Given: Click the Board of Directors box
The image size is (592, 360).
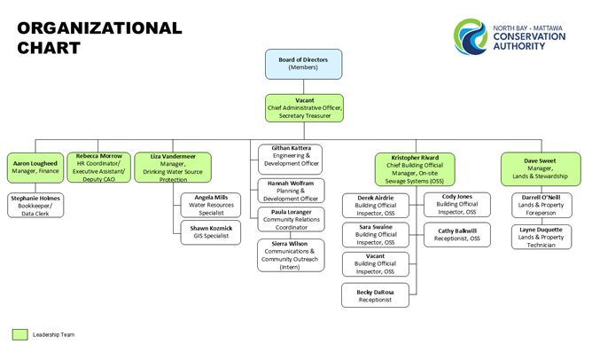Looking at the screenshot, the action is point(304,64).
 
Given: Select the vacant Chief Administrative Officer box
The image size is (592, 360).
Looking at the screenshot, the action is point(304,108).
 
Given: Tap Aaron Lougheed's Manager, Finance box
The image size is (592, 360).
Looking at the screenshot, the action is point(35,168).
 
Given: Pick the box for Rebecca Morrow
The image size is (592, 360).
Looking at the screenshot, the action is point(99,168).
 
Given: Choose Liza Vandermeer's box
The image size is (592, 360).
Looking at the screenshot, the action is point(173,168).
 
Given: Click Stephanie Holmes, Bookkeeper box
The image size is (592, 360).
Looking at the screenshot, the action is point(35,205).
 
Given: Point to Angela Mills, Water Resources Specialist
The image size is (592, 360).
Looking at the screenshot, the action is point(211,205).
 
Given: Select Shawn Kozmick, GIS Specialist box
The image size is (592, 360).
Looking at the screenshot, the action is point(211,232).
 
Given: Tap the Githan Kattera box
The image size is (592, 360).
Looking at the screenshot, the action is point(291,159).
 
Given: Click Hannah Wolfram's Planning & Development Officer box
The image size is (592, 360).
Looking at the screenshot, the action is point(291,191).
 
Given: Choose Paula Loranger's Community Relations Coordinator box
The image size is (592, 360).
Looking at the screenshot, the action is point(291,219).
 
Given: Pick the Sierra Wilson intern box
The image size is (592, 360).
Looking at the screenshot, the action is point(291,255).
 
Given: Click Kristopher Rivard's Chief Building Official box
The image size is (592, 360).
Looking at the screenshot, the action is point(415,169).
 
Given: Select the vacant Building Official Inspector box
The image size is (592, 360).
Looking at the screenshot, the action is point(376,264).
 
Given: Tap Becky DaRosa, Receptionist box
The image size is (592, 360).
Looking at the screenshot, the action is point(375,295).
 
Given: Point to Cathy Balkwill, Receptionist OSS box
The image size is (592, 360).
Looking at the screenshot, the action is point(457,235).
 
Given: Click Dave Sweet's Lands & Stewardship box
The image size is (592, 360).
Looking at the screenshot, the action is point(541,168).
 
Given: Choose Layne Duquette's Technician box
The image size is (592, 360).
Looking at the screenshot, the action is point(541,237).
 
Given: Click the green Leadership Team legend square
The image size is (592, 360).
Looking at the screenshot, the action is point(20,334).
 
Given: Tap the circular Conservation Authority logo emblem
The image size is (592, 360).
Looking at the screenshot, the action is point(471,36).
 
